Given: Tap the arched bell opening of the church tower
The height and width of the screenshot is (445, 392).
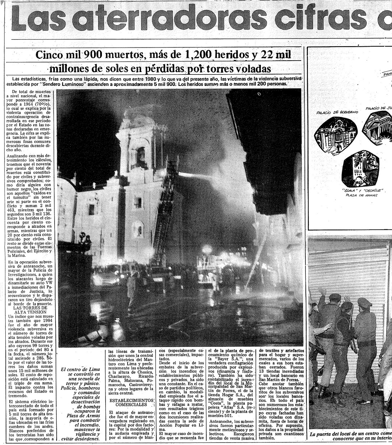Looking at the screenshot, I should tap(141, 154).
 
